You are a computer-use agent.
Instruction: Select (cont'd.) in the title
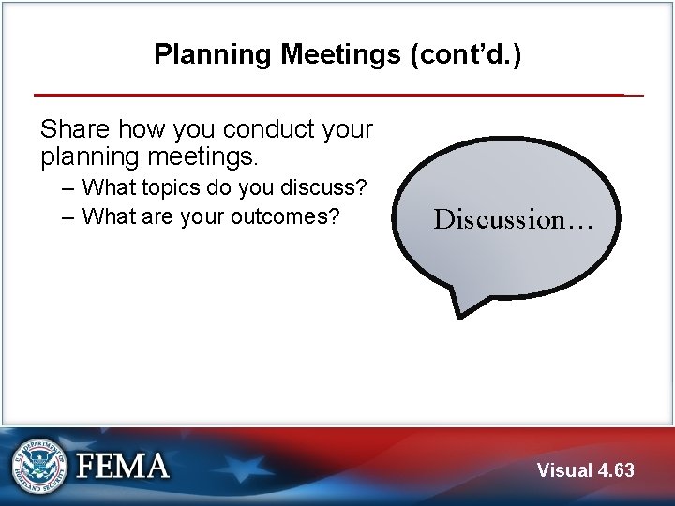pos(465,54)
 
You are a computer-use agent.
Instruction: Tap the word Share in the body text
pos(75,129)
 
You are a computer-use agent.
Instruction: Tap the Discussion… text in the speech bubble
pos(512,219)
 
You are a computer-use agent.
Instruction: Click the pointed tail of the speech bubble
pos(465,309)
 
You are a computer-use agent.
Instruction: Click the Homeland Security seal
pos(38,466)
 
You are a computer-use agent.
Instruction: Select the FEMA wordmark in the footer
pos(122,466)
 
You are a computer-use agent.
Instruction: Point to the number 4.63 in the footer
pos(616,470)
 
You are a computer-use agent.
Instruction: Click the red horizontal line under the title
pos(328,95)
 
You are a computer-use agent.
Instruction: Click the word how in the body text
pos(143,129)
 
